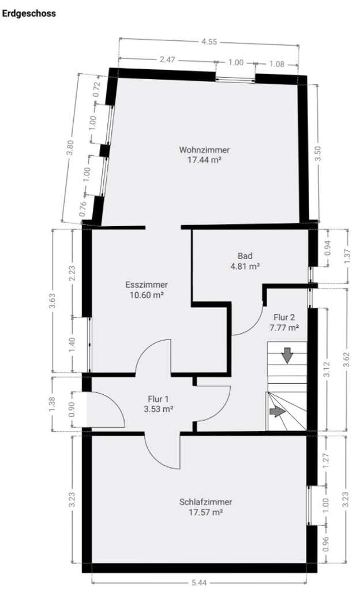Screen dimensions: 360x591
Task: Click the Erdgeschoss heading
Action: coord(29,14)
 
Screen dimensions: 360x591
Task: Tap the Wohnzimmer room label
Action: coord(204,149)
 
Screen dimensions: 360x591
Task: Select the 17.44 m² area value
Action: coord(204,160)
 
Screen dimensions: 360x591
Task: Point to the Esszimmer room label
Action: coord(147,285)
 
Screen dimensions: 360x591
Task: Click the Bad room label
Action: coord(245,256)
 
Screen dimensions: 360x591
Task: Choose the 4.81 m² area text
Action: coord(245,266)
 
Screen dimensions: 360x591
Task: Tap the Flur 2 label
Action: coord(284,317)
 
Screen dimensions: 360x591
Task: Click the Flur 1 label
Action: coord(158,399)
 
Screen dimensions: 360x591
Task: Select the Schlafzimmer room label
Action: coord(205,502)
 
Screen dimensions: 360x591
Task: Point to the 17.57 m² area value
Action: coord(205,513)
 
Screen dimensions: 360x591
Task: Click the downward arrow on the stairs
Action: coord(287,356)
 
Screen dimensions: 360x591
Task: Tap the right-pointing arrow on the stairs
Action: coord(277,411)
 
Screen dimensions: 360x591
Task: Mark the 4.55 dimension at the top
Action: coord(209,42)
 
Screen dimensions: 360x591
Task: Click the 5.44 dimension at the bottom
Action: coord(199,583)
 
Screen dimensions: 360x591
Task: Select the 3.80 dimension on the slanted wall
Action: coord(70,147)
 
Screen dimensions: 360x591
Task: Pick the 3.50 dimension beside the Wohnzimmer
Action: coord(318,154)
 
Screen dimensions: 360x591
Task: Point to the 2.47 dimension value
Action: coord(167,59)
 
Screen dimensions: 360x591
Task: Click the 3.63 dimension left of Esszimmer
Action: coord(52,301)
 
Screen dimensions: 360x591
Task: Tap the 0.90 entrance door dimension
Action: coord(72,409)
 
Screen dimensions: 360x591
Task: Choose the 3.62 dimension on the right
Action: coord(347,359)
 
